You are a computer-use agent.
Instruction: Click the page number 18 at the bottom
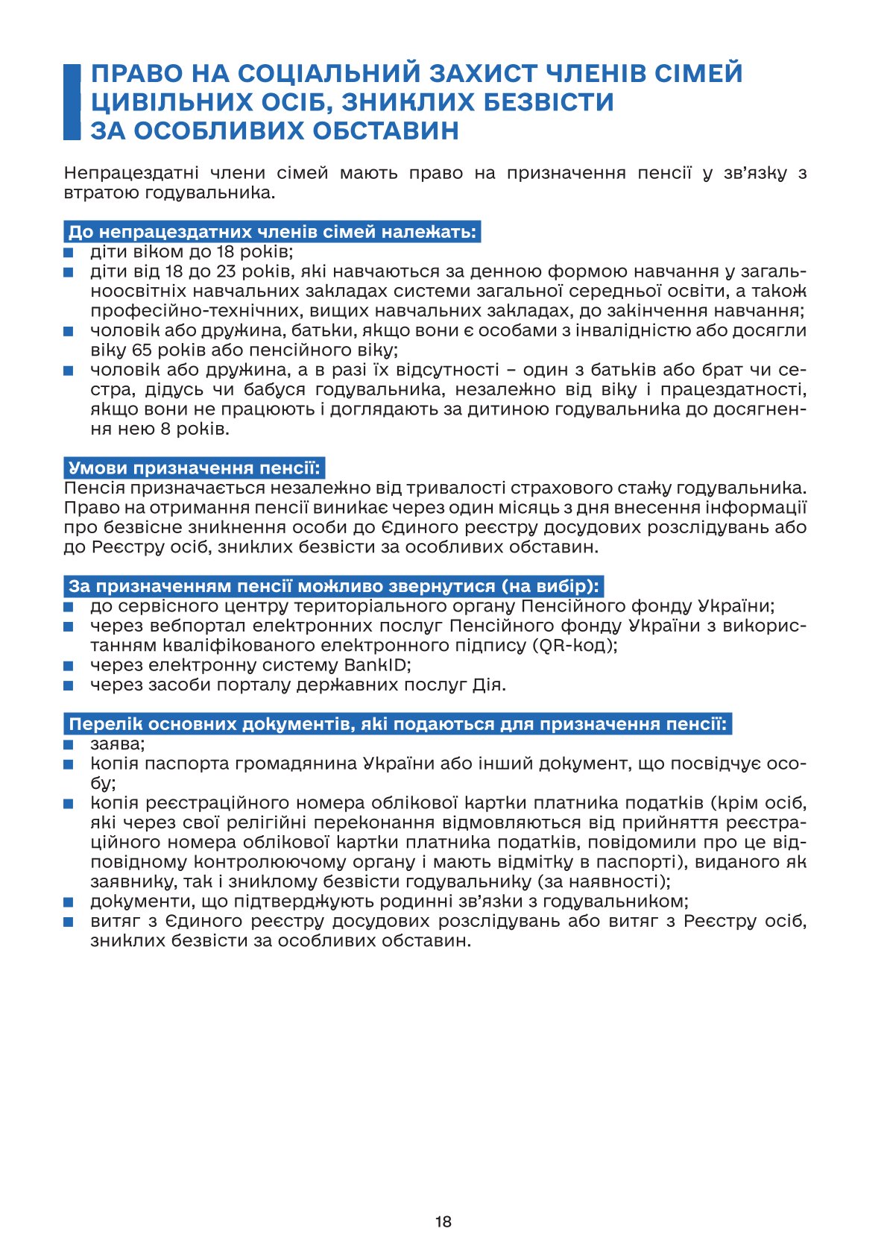[x=443, y=1221]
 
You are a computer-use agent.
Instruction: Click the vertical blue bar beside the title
[x=72, y=102]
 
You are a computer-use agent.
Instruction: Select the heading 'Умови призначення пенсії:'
[x=194, y=468]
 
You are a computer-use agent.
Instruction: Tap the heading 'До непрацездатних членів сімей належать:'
[x=271, y=232]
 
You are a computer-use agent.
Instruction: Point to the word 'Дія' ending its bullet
[x=489, y=685]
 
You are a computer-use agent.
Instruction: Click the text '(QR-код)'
[x=575, y=645]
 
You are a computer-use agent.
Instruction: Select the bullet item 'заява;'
[x=118, y=743]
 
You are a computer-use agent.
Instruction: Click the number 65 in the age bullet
[x=142, y=350]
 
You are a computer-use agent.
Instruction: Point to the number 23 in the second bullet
[x=227, y=271]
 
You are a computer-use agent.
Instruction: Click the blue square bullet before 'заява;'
[x=69, y=744]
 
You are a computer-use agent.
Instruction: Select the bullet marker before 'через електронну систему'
[x=69, y=665]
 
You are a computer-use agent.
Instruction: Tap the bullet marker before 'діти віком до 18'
[x=69, y=252]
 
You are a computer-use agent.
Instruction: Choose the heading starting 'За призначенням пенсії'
[x=334, y=585]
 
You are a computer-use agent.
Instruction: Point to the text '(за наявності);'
[x=604, y=881]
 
